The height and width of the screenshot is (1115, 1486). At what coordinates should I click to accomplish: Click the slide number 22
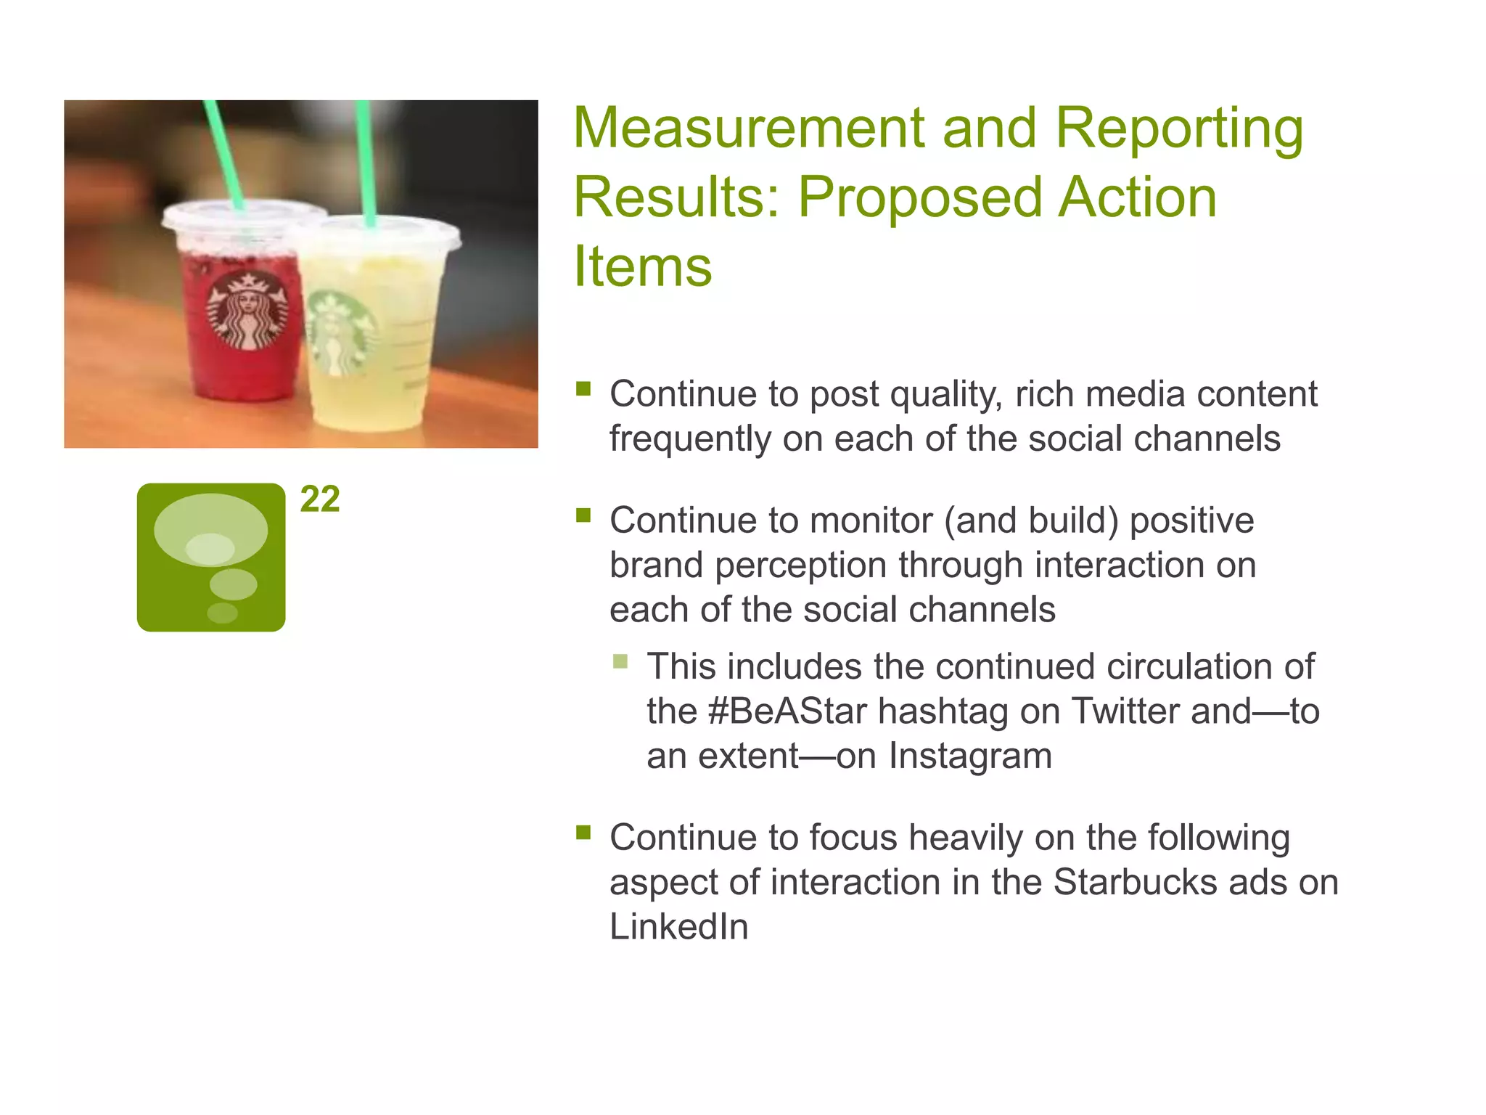point(320,499)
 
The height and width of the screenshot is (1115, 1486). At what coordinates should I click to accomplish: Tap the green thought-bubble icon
point(211,557)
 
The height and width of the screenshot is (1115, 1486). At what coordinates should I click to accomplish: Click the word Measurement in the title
point(747,128)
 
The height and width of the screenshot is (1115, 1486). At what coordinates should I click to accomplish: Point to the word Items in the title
point(642,266)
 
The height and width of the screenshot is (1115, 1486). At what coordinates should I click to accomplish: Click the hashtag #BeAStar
point(787,711)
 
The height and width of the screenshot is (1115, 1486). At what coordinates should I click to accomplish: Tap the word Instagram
point(970,756)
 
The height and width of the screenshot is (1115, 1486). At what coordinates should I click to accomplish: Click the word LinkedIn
point(678,927)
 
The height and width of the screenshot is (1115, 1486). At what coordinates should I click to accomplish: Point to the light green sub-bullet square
point(620,661)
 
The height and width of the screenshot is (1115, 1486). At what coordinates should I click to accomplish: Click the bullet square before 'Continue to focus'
point(583,832)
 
